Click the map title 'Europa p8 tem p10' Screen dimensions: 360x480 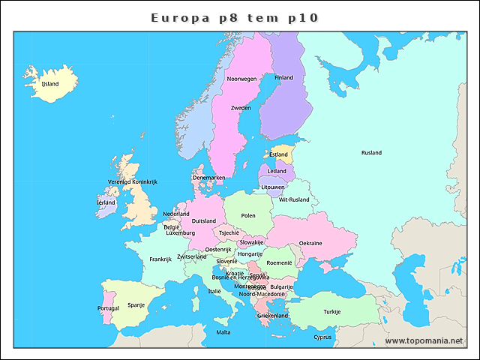239,16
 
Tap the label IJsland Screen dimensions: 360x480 50,84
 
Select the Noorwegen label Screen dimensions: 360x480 241,79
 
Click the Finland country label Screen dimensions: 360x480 283,77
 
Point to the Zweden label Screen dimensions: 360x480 241,108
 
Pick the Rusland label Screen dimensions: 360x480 371,153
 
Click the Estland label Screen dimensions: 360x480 278,154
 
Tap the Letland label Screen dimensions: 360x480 277,171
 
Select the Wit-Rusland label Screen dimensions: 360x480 294,199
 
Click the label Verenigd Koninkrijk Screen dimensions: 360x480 132,181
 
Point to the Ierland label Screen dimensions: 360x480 106,202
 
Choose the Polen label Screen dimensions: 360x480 248,215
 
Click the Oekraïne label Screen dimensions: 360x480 310,243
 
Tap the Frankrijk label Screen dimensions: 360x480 160,259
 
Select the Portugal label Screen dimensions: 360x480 108,308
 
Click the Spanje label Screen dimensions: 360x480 136,304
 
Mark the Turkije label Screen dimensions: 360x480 332,311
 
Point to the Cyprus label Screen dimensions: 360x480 322,337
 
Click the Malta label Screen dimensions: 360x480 223,331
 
